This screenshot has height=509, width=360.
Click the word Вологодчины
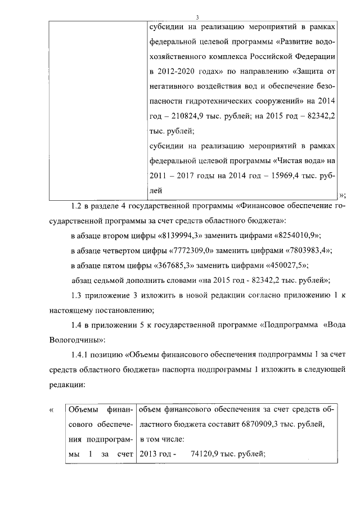[74, 340]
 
